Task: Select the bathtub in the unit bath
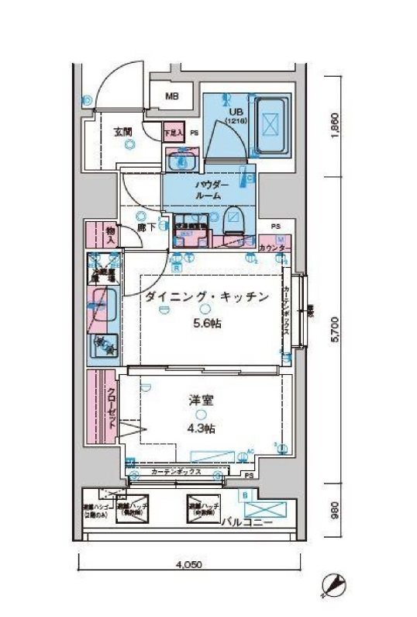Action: (271, 124)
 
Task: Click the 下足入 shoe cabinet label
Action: (174, 133)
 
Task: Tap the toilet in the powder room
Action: (234, 222)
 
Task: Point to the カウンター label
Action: (273, 248)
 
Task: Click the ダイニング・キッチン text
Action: (207, 296)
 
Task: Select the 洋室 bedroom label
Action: (201, 400)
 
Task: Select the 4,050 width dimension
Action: (188, 565)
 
